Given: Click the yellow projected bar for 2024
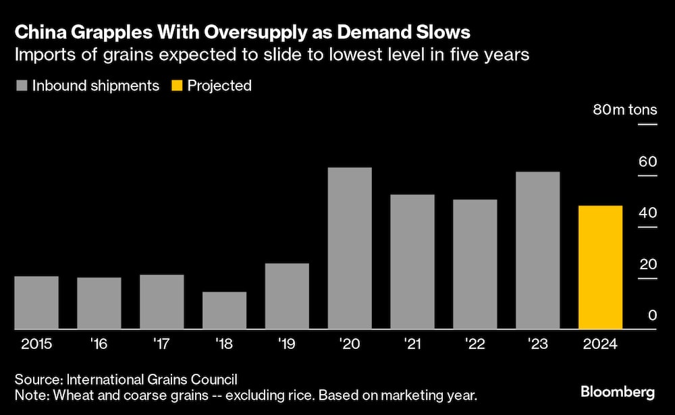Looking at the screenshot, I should (x=600, y=267).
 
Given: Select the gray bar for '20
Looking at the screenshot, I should (x=350, y=248).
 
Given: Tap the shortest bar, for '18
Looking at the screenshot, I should (x=224, y=310).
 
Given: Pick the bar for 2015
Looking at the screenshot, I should (x=36, y=302).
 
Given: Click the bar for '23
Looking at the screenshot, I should (x=537, y=250).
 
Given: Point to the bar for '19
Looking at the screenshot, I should (x=287, y=296).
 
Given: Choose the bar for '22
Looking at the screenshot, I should (x=475, y=265).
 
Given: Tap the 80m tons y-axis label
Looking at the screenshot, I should (x=624, y=111).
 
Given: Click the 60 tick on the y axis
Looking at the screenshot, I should (x=647, y=162).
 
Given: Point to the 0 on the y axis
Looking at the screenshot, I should (x=653, y=315).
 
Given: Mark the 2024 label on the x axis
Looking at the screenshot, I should (x=600, y=343).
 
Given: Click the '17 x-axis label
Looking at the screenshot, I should (x=161, y=343).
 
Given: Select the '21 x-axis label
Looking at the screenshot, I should (x=412, y=343).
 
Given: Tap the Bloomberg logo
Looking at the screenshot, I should (x=618, y=391).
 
